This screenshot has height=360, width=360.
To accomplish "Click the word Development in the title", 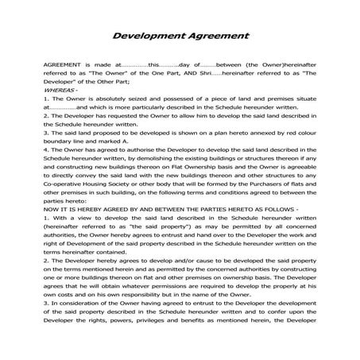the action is pos(148,36).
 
